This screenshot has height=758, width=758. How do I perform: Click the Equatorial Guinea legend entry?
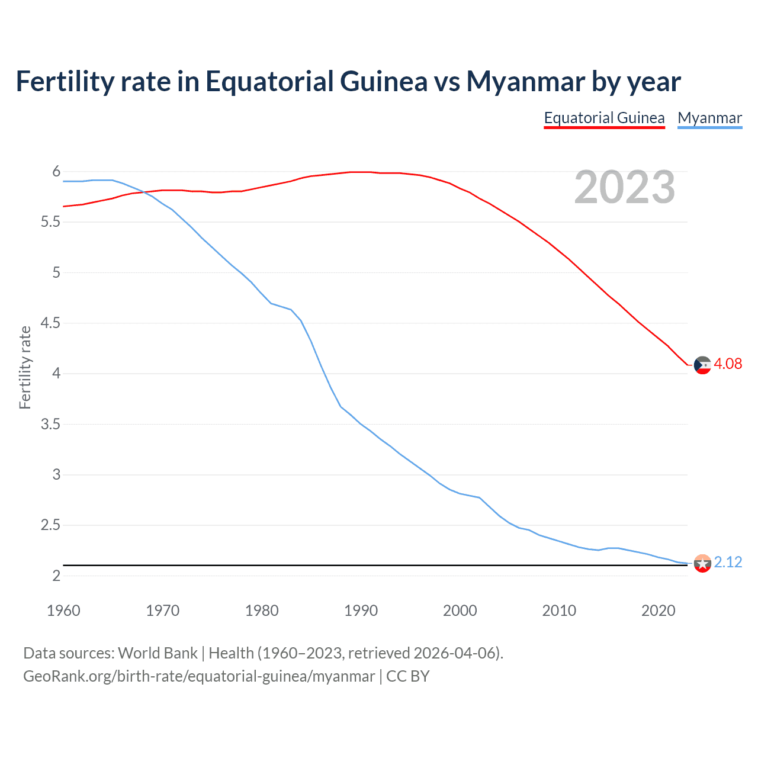click(x=604, y=118)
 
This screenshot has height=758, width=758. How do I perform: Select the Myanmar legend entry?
click(x=709, y=118)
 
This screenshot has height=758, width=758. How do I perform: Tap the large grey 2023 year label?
click(x=625, y=187)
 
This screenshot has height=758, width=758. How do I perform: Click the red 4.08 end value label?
click(x=728, y=364)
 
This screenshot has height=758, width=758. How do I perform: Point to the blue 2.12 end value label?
click(x=728, y=562)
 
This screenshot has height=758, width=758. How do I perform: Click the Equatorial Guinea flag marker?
click(x=702, y=365)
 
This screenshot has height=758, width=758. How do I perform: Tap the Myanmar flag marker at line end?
click(x=702, y=563)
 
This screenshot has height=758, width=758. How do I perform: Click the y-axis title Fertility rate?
click(x=25, y=367)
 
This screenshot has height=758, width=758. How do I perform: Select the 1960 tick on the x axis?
click(x=63, y=611)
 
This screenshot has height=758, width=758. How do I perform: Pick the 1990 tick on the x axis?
click(x=361, y=611)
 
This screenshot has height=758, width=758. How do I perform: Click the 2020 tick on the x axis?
click(x=658, y=611)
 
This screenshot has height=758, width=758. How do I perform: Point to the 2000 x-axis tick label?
click(x=460, y=611)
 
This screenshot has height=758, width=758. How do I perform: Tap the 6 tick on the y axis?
click(x=56, y=172)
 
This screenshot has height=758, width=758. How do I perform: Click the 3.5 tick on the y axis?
click(x=50, y=424)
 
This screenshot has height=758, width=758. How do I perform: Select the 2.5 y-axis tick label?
click(x=50, y=525)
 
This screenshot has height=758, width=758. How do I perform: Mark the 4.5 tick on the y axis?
click(x=50, y=323)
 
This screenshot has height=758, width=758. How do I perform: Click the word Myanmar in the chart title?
click(x=526, y=82)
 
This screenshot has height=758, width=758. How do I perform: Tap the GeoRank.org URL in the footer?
click(x=199, y=676)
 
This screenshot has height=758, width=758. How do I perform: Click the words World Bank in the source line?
click(x=158, y=653)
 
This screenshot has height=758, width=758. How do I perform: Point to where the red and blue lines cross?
click(x=142, y=191)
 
